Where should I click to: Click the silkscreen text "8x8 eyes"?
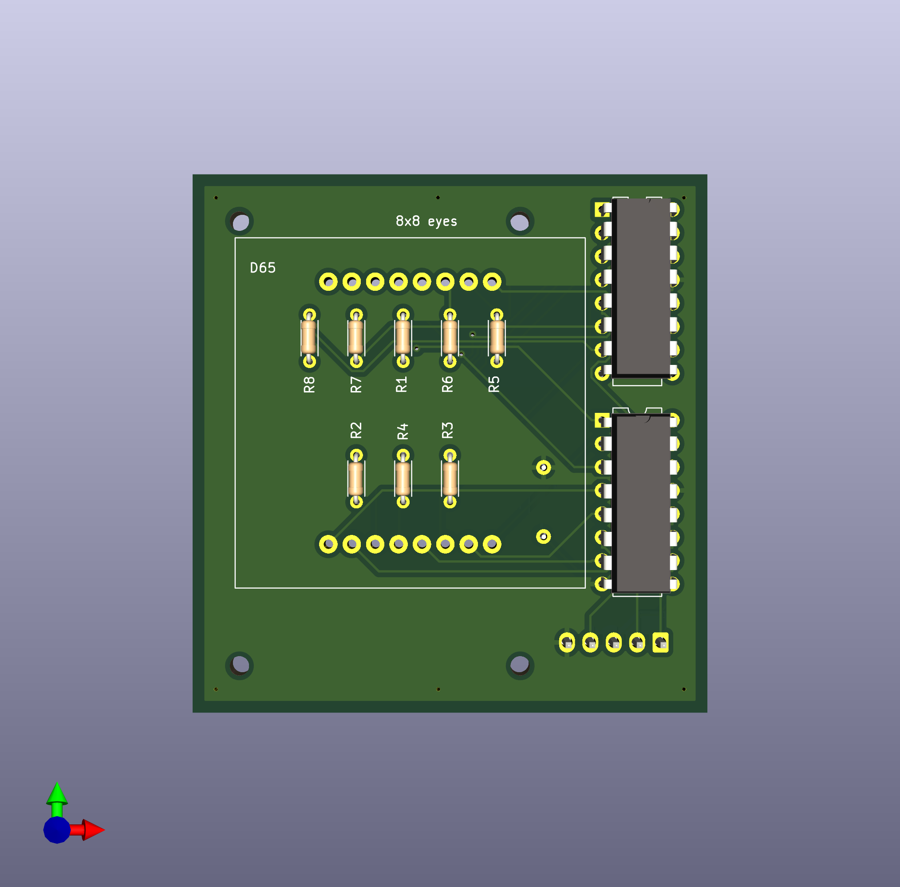426,221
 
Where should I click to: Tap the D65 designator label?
263,268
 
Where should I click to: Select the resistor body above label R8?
309,338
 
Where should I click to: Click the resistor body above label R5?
497,338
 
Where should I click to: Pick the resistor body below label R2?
356,479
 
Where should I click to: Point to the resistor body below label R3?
450,479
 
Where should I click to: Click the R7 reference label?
356,385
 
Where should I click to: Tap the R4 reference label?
403,431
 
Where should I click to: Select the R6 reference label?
447,384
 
